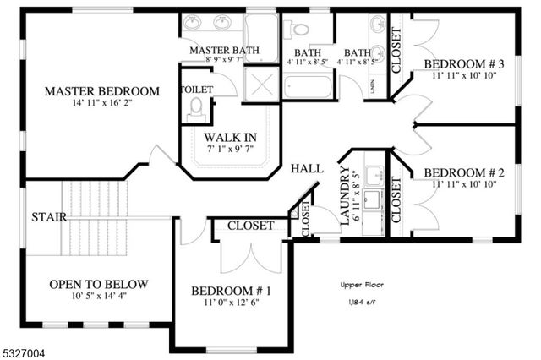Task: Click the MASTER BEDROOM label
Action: tap(102, 91)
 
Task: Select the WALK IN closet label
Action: tap(230, 137)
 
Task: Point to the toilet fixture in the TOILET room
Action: tap(197, 109)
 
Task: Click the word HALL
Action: tap(307, 169)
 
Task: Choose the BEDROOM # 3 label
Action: tap(464, 64)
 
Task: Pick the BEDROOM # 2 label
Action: tap(464, 172)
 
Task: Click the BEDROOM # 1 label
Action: tap(231, 292)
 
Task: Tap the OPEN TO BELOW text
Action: tap(99, 284)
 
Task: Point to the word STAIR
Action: tap(49, 216)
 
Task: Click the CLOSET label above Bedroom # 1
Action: tap(251, 226)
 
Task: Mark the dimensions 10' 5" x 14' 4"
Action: tap(99, 297)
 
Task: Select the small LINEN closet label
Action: tap(374, 87)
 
